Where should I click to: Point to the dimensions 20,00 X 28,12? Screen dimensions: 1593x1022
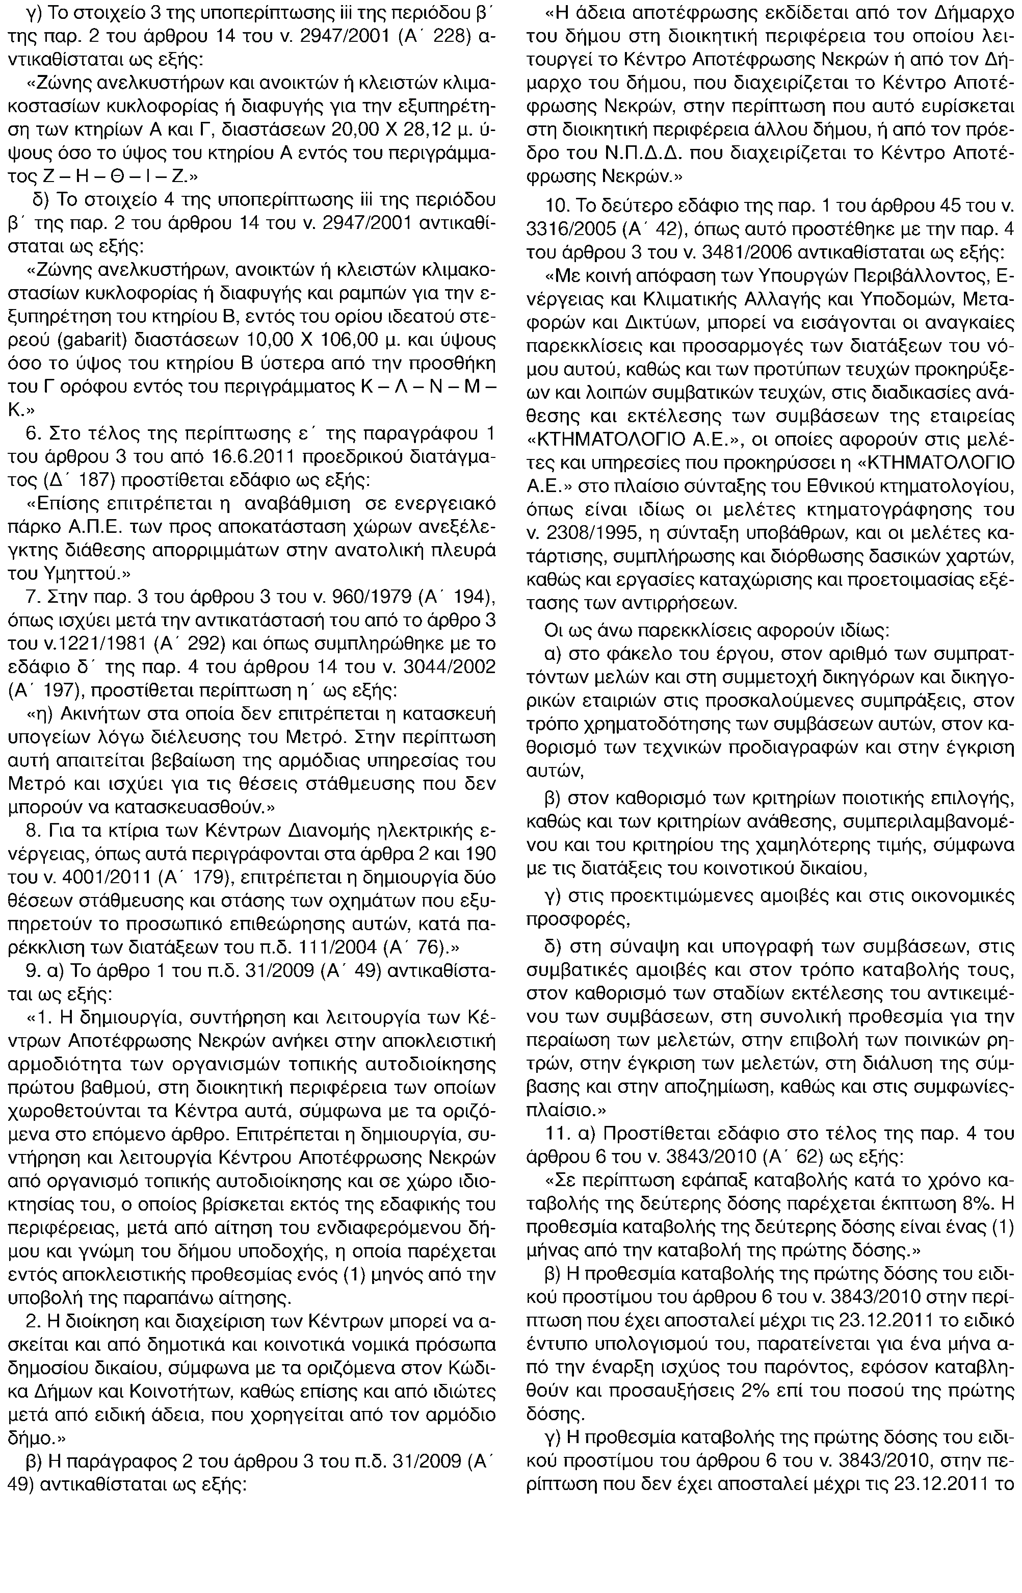[351, 130]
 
